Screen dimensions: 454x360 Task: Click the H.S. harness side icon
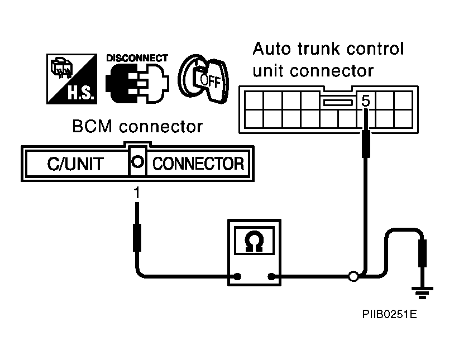[x=72, y=79]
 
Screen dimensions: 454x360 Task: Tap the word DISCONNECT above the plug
[x=137, y=58]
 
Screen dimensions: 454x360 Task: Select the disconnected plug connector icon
[x=137, y=83]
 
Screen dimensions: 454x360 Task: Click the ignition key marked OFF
[x=204, y=79]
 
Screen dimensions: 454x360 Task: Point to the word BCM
[x=92, y=127]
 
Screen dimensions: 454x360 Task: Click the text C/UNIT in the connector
[x=75, y=164]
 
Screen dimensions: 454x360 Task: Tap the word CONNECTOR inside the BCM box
[x=198, y=164]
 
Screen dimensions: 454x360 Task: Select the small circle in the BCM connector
[x=137, y=162]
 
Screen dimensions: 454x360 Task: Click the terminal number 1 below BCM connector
[x=137, y=193]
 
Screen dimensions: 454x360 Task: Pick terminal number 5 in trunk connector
[x=366, y=100]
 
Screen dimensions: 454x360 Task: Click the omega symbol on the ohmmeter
[x=254, y=241]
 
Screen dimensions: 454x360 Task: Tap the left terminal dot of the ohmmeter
[x=237, y=277]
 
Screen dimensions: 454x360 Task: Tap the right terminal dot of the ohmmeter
[x=271, y=277]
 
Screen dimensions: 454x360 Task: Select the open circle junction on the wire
[x=353, y=277]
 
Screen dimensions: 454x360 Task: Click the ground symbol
[x=422, y=292]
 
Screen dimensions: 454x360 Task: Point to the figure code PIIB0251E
[x=389, y=314]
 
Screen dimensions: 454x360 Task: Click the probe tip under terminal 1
[x=137, y=203]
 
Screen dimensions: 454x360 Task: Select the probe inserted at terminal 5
[x=366, y=133]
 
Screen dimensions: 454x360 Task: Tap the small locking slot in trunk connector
[x=338, y=103]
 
